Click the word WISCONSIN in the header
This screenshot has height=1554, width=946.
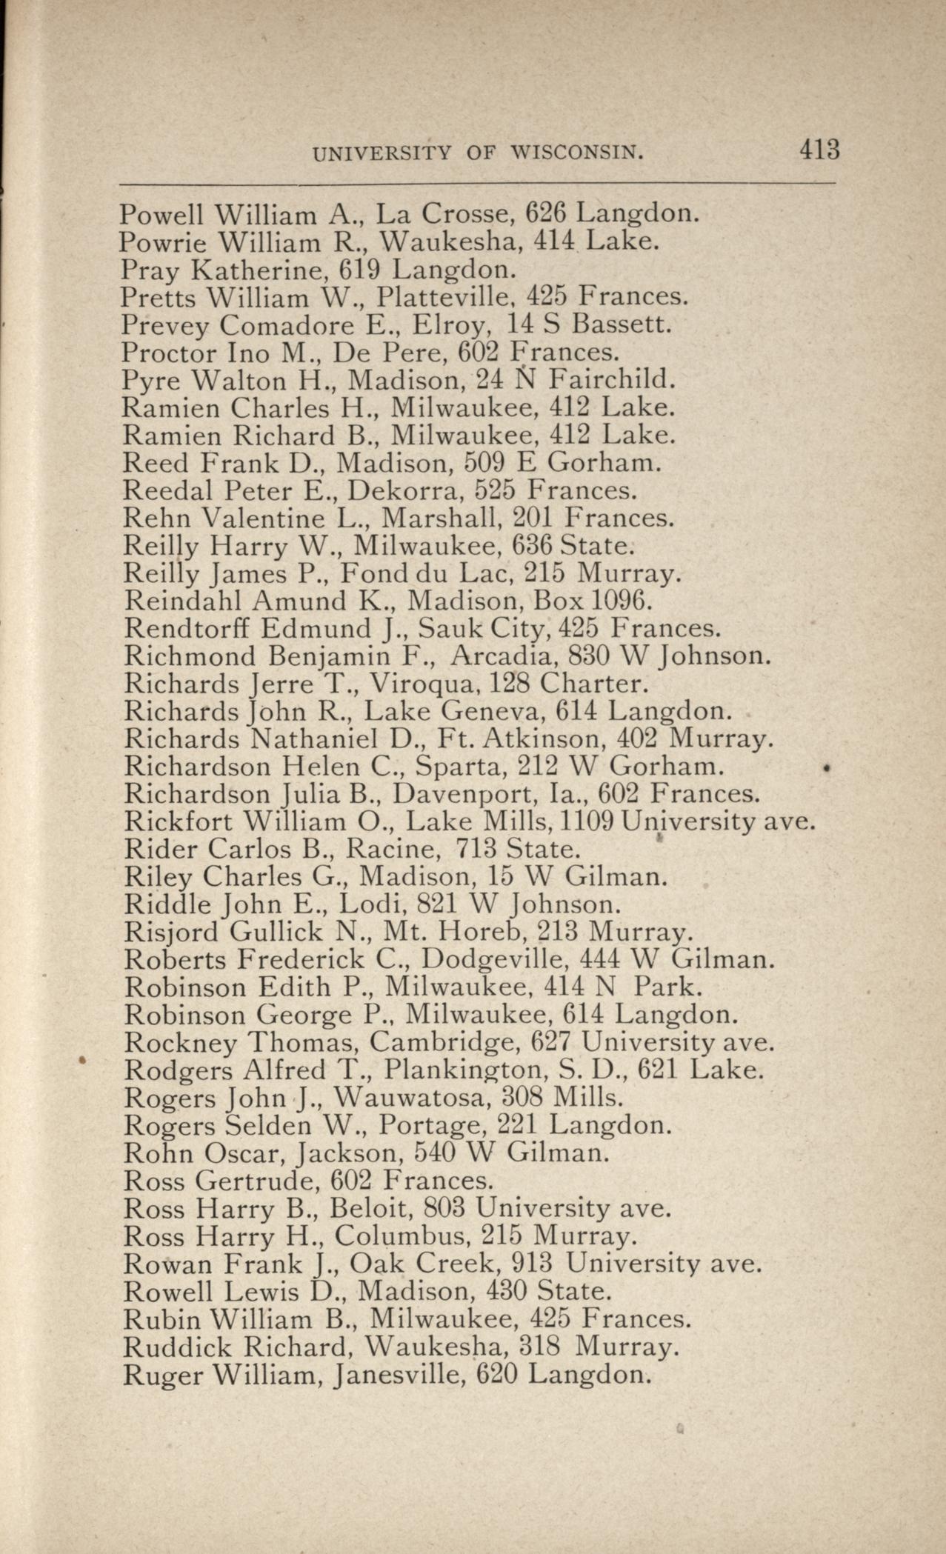coord(576,153)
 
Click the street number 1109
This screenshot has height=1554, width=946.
coord(588,821)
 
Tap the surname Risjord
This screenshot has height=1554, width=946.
coord(172,932)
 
